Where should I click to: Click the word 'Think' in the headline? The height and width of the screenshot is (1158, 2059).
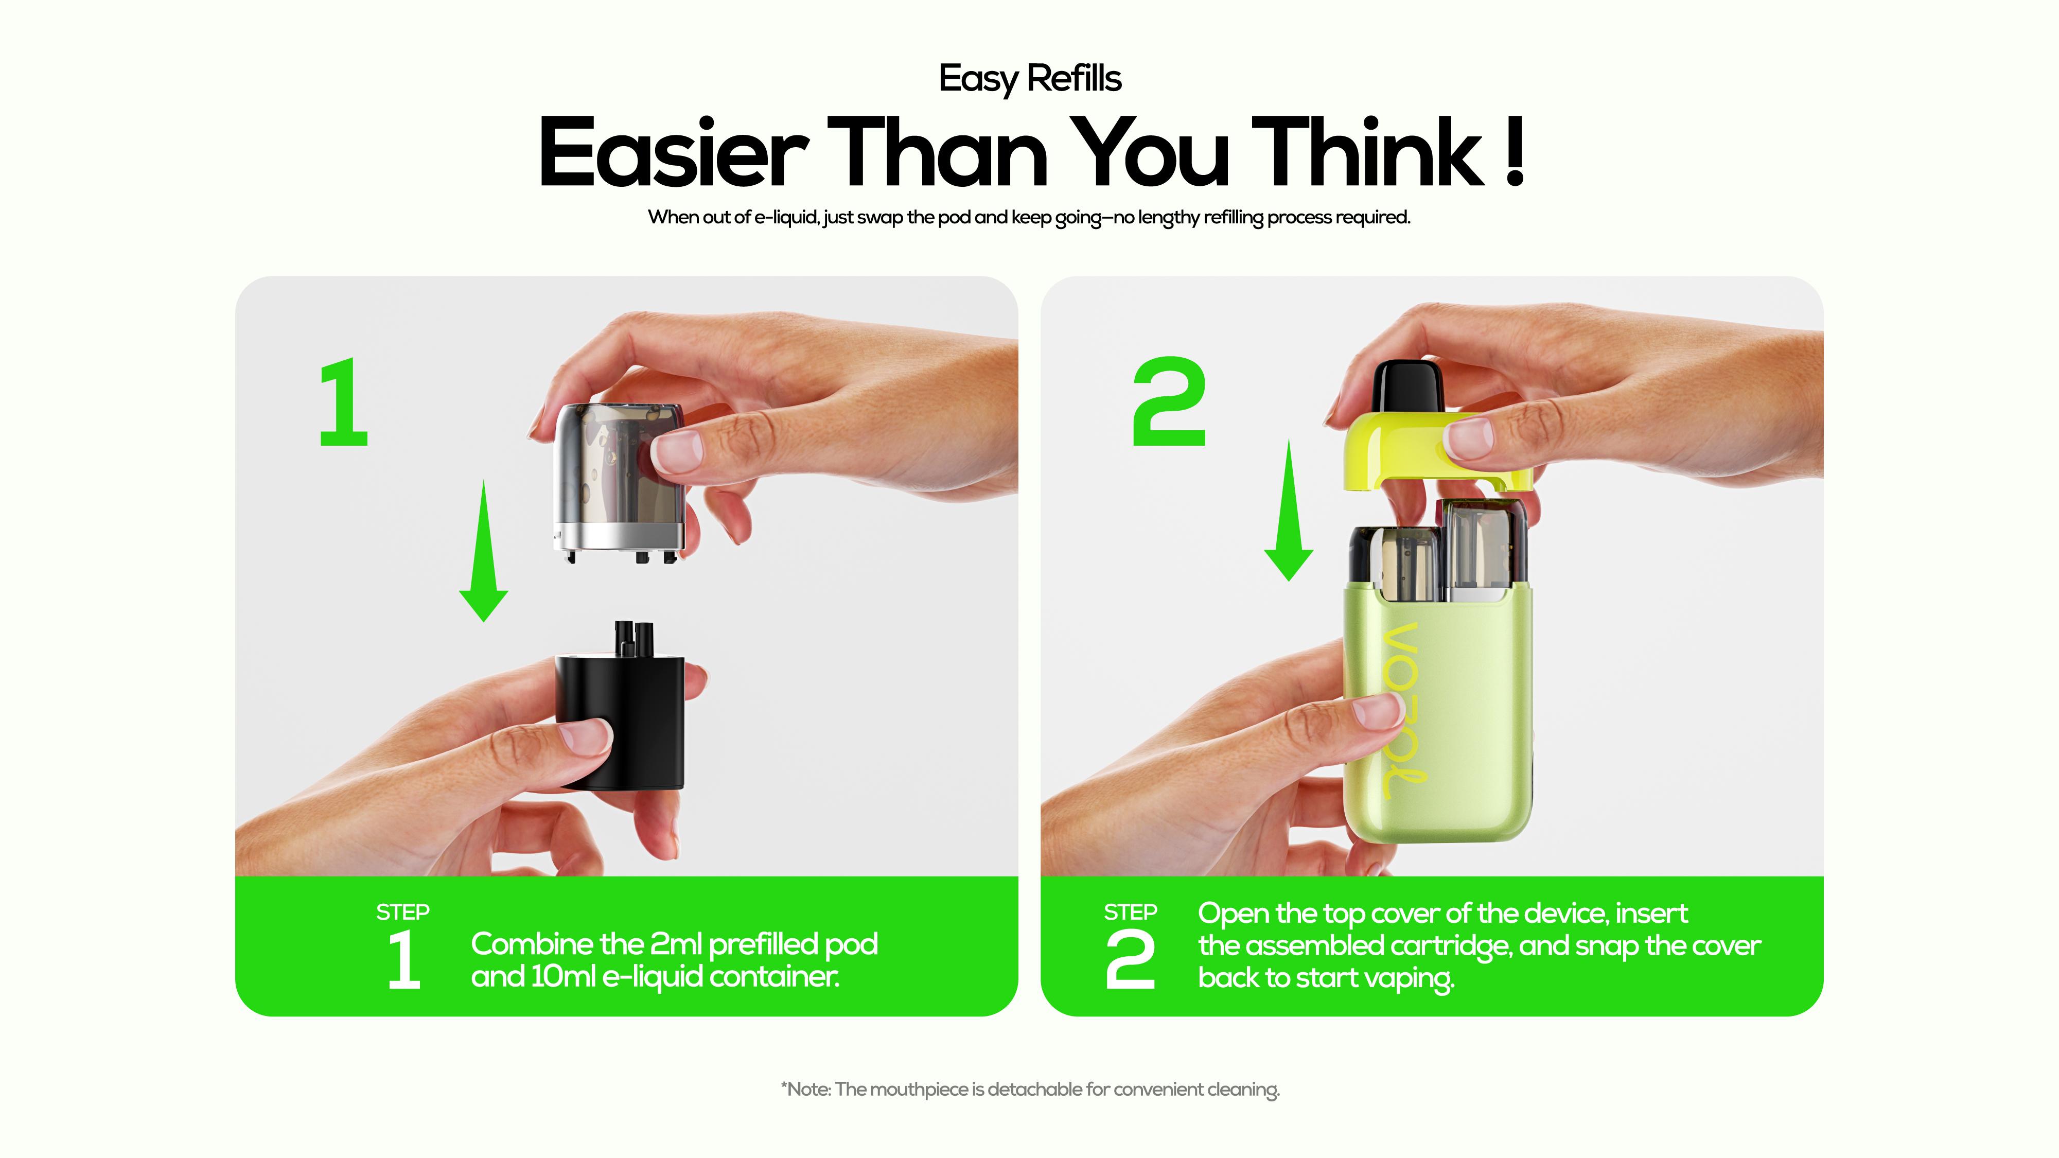point(1367,151)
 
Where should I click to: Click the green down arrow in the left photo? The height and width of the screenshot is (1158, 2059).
point(484,551)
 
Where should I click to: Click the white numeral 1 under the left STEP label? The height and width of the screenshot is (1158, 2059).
point(403,960)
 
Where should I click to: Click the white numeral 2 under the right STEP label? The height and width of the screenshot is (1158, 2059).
point(1130,960)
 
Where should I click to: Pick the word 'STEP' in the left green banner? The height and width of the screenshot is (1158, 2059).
point(403,912)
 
